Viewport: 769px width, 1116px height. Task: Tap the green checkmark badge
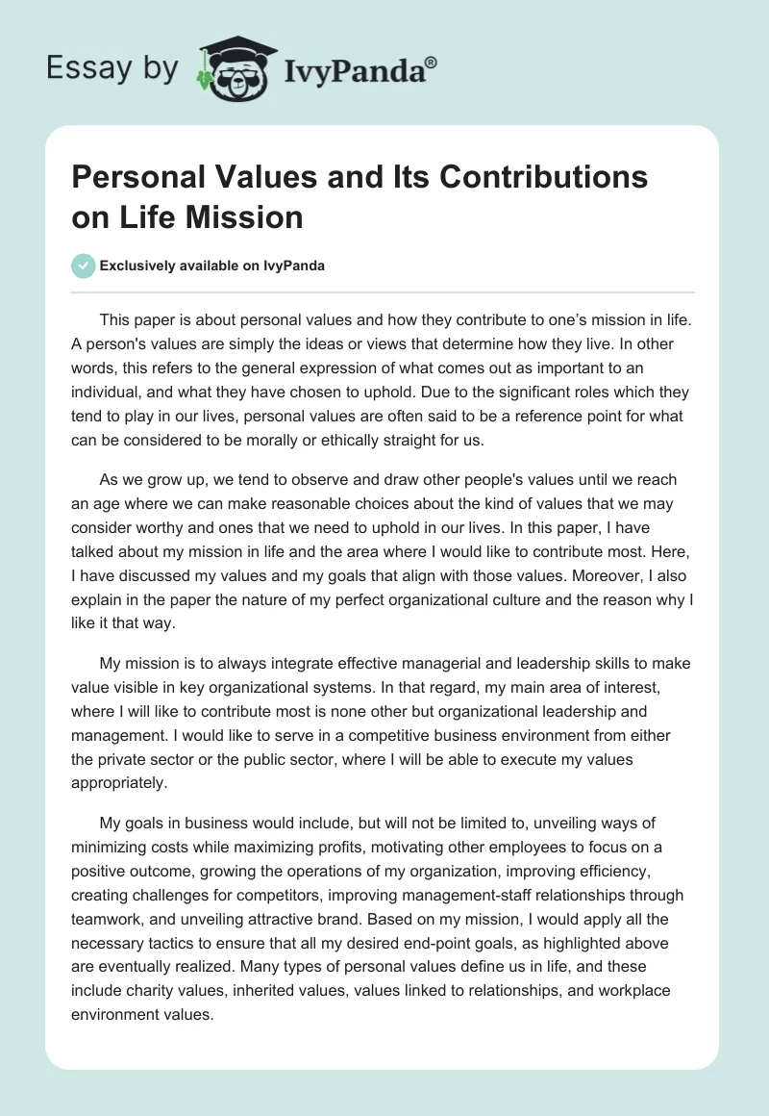click(84, 266)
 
